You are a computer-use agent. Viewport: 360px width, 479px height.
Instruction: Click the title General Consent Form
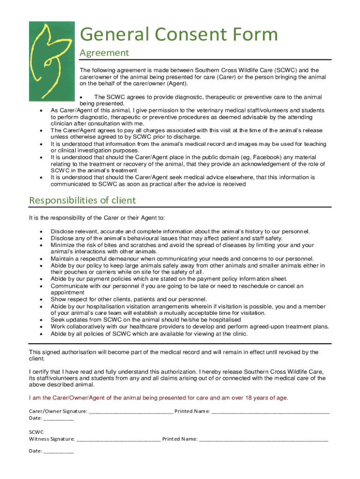pos(179,34)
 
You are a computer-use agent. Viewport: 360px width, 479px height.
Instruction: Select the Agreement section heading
pos(104,53)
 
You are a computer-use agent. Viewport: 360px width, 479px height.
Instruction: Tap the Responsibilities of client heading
pos(82,200)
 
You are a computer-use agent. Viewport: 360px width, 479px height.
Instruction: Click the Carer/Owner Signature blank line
pos(130,412)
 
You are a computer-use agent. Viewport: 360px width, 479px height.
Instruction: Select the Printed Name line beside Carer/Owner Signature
pos(270,412)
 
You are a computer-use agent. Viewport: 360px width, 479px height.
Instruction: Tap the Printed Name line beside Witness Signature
pos(264,439)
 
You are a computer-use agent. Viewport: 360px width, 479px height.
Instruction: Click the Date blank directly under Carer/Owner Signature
pos(58,418)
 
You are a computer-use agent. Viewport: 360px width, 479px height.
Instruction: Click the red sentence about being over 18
pos(158,398)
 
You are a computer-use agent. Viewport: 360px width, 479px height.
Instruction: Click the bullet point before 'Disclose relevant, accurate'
pos(42,232)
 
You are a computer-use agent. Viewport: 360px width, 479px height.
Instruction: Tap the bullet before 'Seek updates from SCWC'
pos(42,320)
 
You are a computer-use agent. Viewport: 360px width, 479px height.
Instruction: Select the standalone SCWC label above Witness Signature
pos(36,432)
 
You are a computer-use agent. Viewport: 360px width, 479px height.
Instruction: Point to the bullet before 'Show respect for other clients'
pos(42,299)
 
